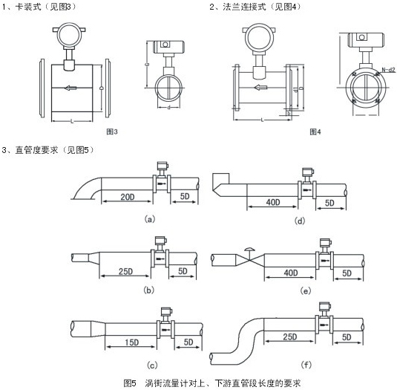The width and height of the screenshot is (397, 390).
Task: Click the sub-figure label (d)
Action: (x=301, y=221)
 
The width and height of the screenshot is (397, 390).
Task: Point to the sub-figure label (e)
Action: (x=304, y=290)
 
